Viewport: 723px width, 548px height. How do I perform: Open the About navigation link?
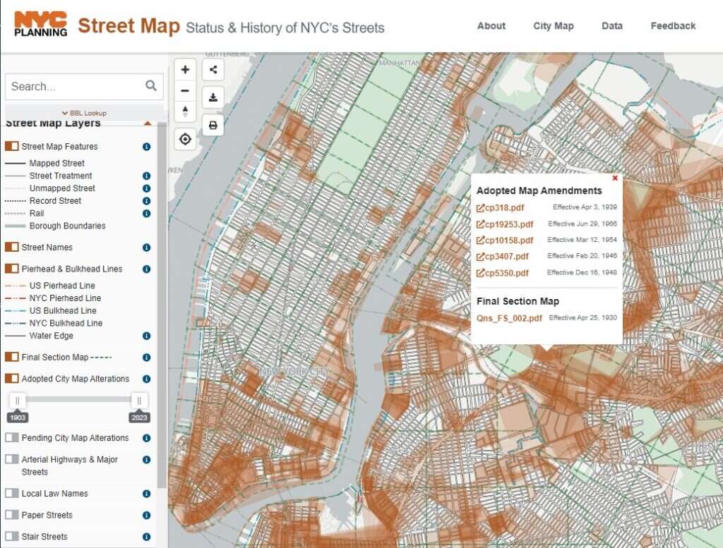click(491, 26)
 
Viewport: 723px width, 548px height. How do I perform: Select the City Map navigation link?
click(553, 26)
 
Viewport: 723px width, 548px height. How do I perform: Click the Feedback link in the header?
click(673, 26)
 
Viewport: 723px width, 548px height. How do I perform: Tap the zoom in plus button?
click(185, 70)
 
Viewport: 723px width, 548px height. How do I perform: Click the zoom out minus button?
click(185, 90)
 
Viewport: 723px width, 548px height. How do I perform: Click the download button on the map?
click(213, 97)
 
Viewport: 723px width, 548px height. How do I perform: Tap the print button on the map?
click(213, 125)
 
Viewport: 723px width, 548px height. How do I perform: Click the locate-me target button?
click(185, 139)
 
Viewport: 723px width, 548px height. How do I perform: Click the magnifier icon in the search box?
click(151, 86)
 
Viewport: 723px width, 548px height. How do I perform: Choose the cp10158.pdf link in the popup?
click(504, 240)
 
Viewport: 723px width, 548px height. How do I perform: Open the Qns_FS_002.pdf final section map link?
click(509, 318)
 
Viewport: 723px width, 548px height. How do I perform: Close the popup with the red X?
click(615, 178)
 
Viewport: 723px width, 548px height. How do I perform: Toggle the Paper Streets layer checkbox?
click(11, 515)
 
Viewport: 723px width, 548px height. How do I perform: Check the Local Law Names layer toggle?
click(11, 494)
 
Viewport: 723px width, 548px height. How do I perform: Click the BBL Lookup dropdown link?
click(84, 113)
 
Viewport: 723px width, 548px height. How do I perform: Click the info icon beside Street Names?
click(146, 248)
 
